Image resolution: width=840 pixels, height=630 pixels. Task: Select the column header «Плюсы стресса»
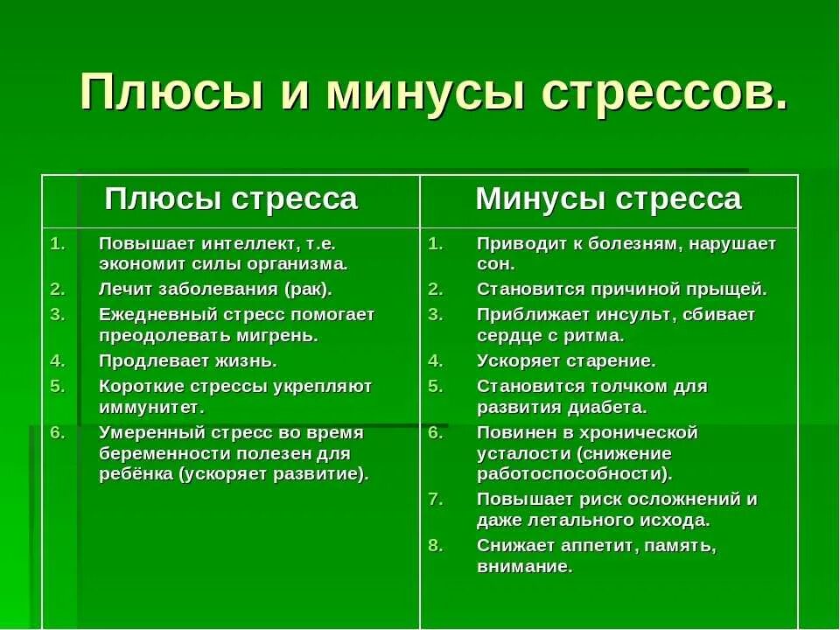[x=231, y=199]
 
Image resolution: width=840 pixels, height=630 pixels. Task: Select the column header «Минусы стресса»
[x=608, y=199]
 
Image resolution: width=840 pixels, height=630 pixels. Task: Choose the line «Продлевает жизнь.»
[x=187, y=360]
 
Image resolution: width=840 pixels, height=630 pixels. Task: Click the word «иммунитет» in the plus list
[x=148, y=407]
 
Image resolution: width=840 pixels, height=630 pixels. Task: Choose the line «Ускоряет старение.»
[x=565, y=360]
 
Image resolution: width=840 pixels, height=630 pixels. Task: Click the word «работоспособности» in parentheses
[x=571, y=473]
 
